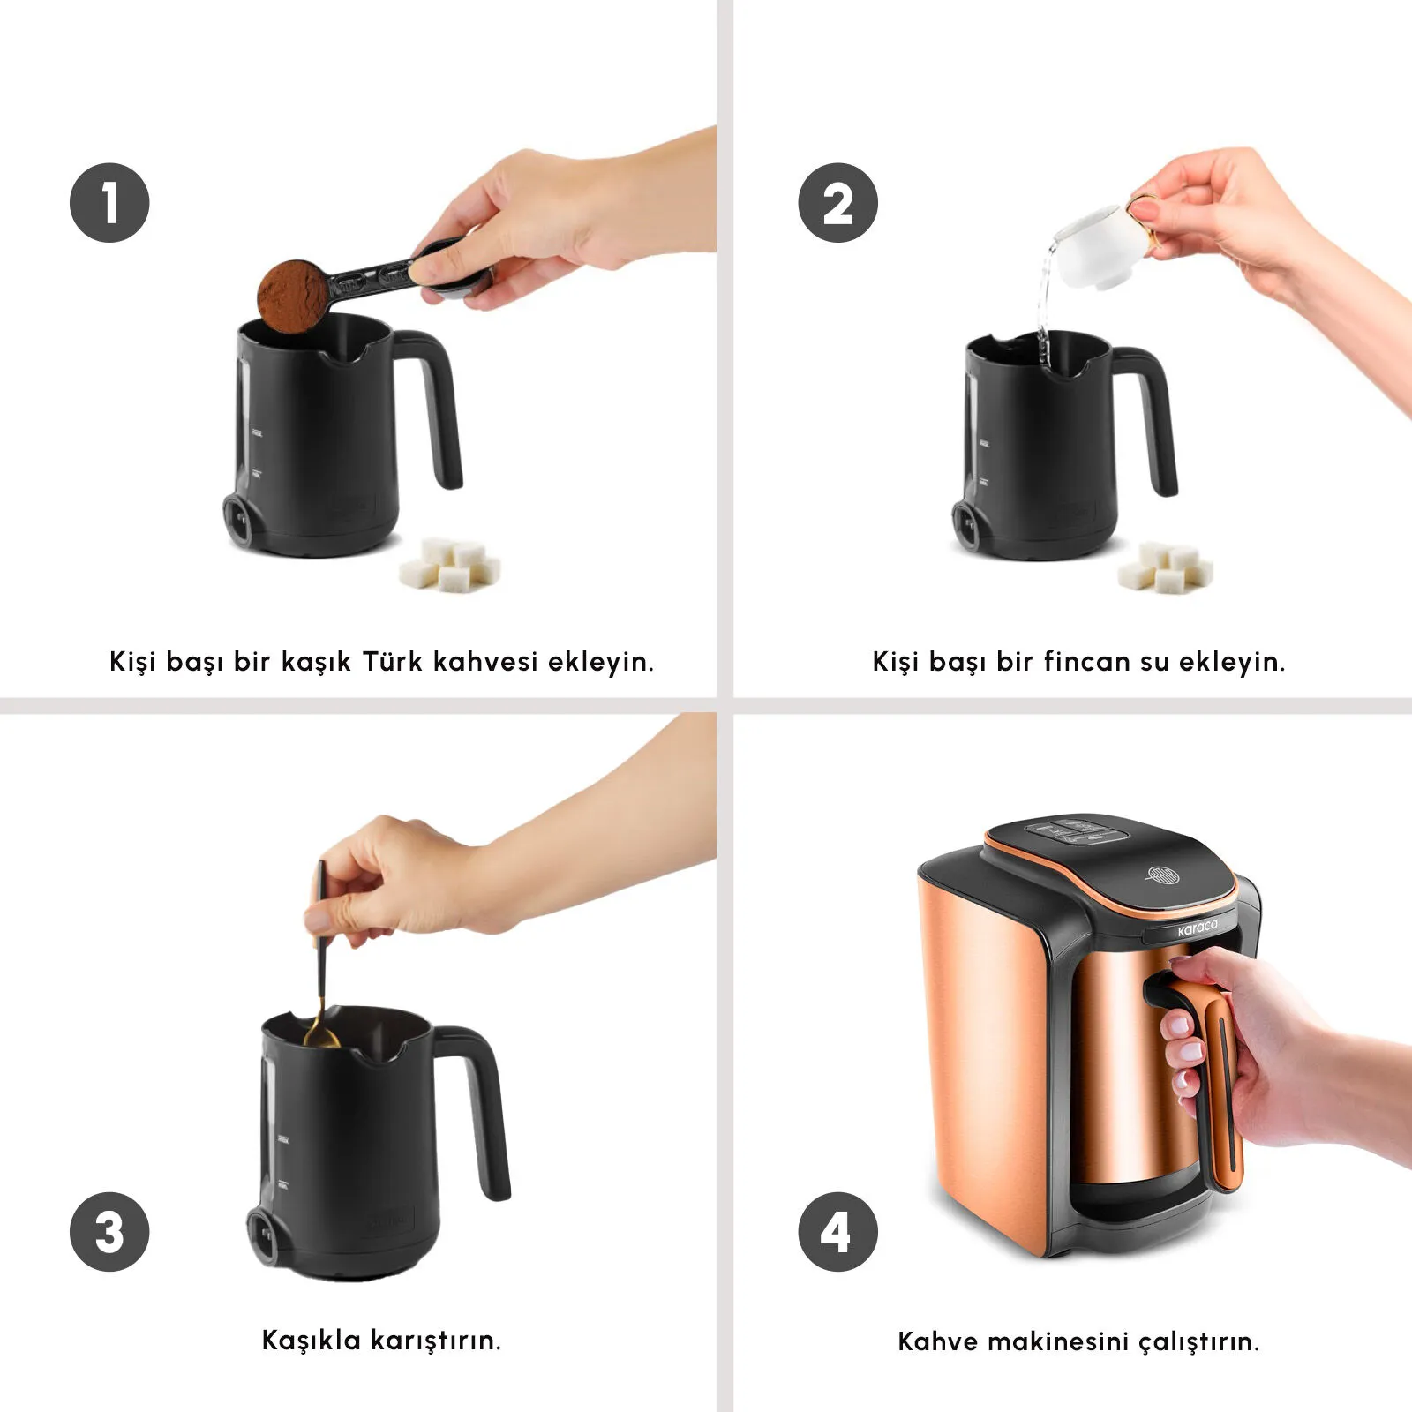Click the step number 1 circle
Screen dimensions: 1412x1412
pyautogui.click(x=109, y=203)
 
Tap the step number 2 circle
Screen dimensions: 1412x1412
pyautogui.click(x=837, y=203)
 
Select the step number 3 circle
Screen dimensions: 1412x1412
pyautogui.click(x=109, y=1231)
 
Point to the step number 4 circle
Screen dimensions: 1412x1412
pyautogui.click(x=837, y=1231)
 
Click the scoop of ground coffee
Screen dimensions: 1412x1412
pyautogui.click(x=293, y=295)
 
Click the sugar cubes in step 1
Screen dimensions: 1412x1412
pyautogui.click(x=451, y=565)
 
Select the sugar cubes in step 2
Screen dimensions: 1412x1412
pyautogui.click(x=1166, y=566)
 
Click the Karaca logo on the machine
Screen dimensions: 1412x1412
pyautogui.click(x=1197, y=928)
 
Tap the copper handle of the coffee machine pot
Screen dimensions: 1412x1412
pyautogui.click(x=1222, y=1085)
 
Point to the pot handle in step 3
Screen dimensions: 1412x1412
pyautogui.click(x=481, y=1108)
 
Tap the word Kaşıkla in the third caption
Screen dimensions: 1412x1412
pyautogui.click(x=312, y=1341)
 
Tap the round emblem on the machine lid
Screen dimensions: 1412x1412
pyautogui.click(x=1162, y=875)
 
